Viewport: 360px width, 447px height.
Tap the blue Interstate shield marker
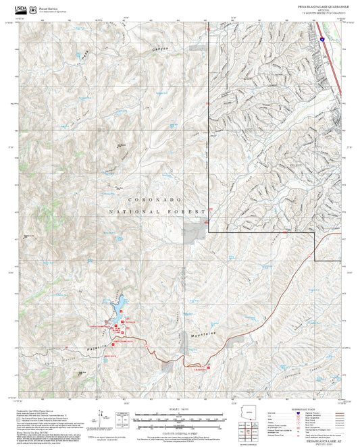point(324,41)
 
